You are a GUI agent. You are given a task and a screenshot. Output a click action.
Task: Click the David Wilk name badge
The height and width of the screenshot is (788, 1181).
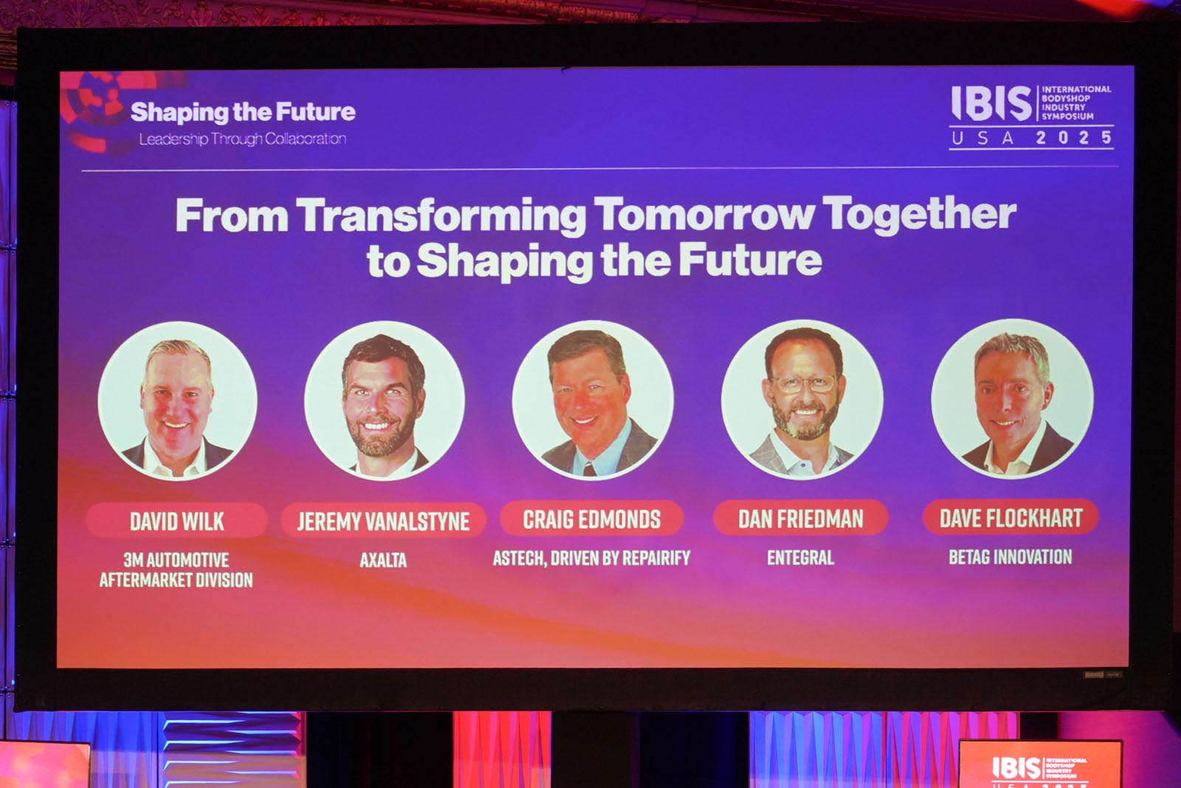tap(176, 521)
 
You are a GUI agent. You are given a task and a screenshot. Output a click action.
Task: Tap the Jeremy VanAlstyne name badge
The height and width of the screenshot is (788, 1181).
tap(383, 521)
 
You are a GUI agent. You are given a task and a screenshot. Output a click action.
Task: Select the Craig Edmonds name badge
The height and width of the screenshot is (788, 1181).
tap(591, 519)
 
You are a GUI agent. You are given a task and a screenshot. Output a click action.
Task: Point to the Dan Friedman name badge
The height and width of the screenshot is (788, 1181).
tap(800, 518)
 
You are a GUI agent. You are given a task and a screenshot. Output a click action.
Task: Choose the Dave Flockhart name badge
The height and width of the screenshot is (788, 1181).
tap(1010, 518)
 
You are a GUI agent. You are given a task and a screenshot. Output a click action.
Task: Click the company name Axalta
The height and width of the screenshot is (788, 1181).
tap(383, 560)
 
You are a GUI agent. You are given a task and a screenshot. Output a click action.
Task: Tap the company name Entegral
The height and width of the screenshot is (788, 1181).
tap(800, 558)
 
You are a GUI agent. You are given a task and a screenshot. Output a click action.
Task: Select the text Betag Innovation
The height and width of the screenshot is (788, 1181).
tap(1010, 556)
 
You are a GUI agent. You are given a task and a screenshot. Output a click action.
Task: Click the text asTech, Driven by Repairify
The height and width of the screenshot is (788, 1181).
tap(591, 558)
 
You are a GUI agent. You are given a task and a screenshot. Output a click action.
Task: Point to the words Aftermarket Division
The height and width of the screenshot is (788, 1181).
tap(176, 580)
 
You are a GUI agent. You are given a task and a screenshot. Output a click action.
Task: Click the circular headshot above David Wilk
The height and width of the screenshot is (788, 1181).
tap(177, 401)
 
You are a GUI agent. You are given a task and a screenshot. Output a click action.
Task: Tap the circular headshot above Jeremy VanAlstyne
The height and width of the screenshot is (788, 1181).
tap(385, 400)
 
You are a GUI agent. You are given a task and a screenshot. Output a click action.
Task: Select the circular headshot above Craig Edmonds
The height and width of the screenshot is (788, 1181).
tap(593, 400)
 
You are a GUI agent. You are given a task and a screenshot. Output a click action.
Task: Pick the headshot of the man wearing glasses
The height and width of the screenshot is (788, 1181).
tap(802, 399)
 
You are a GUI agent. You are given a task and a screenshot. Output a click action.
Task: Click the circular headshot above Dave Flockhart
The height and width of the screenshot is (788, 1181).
tap(1012, 398)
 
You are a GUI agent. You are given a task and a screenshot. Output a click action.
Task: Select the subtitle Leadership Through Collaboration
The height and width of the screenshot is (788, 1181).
tap(243, 140)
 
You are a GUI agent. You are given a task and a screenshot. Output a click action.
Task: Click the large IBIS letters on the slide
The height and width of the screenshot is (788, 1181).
tap(992, 103)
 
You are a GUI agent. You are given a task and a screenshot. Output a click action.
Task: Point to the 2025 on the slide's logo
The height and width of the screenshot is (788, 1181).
tap(1074, 137)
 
